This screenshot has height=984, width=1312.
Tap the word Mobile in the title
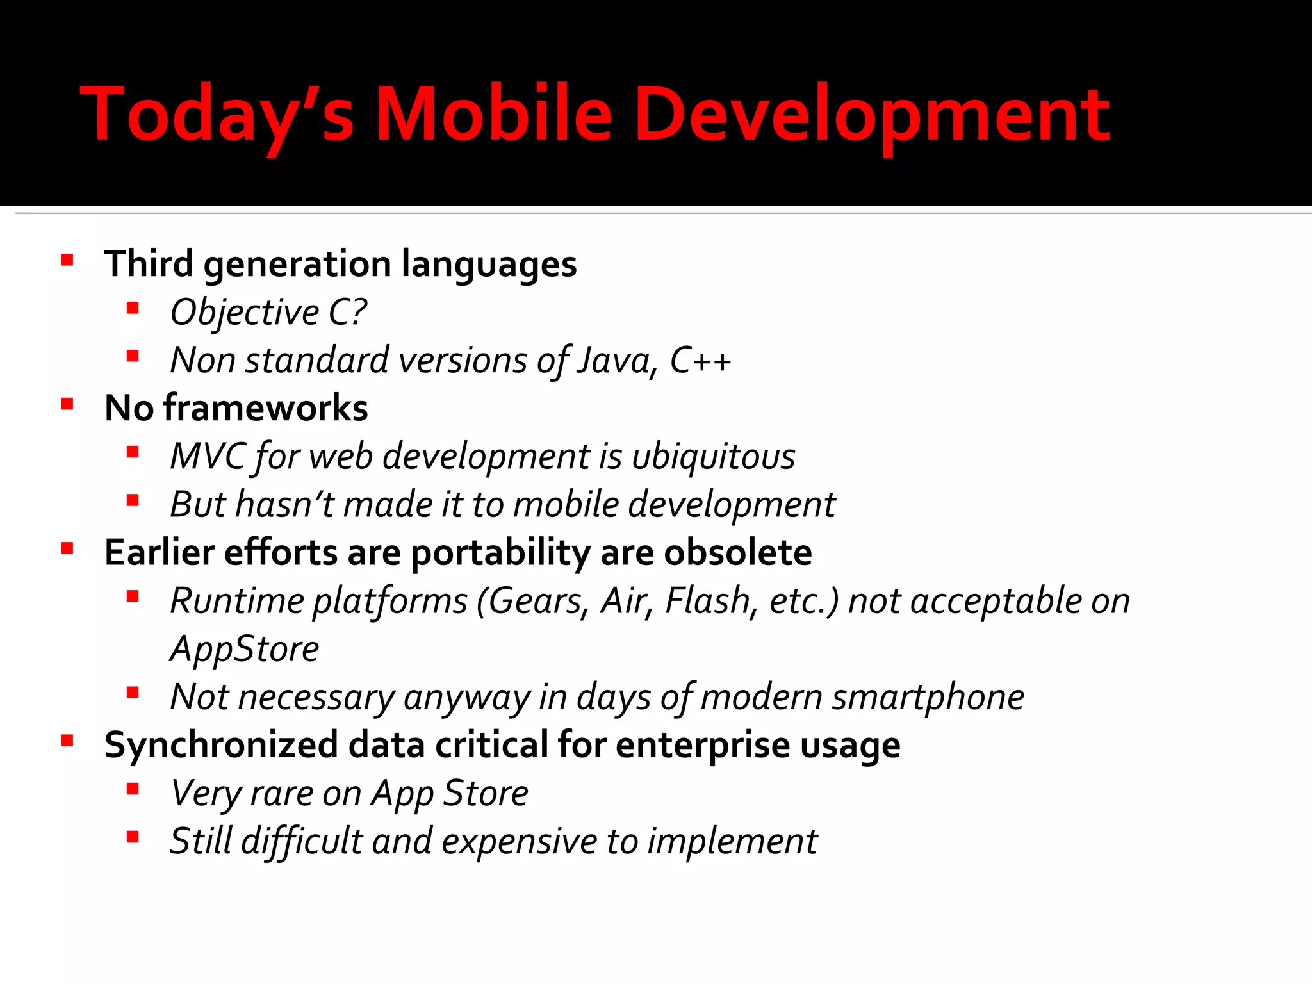click(493, 114)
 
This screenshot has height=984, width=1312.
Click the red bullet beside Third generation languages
click(67, 260)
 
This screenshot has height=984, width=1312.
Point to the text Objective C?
click(268, 313)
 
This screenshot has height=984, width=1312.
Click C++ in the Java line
click(700, 360)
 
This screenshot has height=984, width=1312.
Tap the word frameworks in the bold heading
click(265, 408)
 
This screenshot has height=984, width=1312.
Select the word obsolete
click(738, 552)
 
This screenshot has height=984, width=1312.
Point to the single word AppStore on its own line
click(244, 649)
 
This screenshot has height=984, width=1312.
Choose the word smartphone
click(927, 697)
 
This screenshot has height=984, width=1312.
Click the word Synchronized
click(220, 745)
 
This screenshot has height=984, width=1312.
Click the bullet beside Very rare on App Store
click(133, 789)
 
